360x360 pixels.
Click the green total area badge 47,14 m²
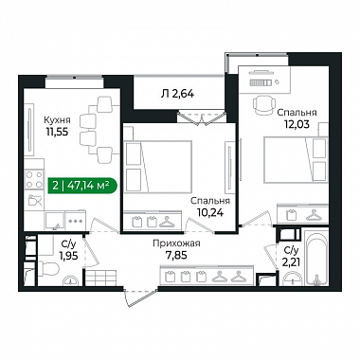coord(82,185)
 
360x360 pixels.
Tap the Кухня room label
coord(57,120)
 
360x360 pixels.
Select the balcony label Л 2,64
coord(177,94)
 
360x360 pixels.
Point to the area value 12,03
coord(297,124)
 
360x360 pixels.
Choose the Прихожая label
coord(176,243)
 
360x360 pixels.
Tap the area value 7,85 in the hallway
coord(176,255)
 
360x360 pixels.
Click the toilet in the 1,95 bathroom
coord(48,270)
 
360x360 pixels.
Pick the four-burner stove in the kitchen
coord(34,179)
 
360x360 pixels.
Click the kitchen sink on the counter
coord(54,220)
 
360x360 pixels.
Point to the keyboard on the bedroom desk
coord(261,82)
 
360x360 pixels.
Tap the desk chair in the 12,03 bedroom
coord(263,105)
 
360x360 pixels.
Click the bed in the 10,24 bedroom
coord(158,167)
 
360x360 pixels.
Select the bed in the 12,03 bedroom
coord(296,159)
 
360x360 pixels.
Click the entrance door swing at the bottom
coord(141,297)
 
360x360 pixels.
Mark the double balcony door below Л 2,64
coord(201,117)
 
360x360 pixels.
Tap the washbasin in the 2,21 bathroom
coord(293,279)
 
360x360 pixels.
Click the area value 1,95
coord(68,255)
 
